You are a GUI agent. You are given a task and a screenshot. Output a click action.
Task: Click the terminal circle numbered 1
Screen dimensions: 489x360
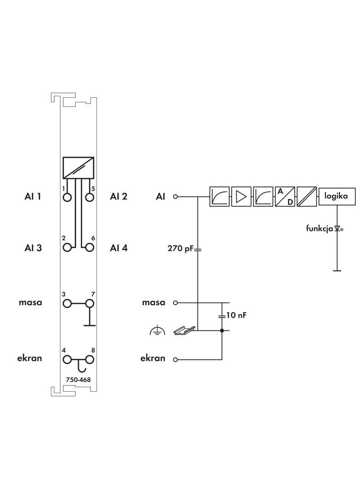coord(67,197)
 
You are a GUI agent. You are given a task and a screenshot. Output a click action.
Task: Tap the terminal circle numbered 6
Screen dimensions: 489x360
coord(90,248)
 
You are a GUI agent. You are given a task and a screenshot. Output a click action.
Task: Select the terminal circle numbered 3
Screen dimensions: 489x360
coord(67,303)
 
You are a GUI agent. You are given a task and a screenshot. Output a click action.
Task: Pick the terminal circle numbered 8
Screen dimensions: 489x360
coord(90,359)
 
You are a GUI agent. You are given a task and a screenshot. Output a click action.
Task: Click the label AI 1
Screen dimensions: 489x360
coord(33,197)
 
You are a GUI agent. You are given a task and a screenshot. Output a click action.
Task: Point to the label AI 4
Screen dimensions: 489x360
coord(118,248)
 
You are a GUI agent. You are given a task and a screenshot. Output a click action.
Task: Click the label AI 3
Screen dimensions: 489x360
coord(33,248)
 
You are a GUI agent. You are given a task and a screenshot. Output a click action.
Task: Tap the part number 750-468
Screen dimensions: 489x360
coord(79,379)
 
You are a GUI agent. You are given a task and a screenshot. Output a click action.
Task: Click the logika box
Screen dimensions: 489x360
coord(337,196)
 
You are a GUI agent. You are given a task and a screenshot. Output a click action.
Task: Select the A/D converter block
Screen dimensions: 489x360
coord(285,196)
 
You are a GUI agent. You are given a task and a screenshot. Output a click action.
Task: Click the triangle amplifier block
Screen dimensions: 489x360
coord(241,196)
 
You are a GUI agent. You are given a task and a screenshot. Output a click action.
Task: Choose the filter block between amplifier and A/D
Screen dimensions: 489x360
coord(263,196)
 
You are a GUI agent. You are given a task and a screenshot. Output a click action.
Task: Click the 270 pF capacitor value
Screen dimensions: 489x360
coord(180,250)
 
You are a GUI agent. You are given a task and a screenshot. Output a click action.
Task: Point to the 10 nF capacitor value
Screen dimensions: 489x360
coord(237,316)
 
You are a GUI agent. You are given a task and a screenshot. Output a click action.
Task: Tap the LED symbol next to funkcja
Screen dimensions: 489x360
coord(339,228)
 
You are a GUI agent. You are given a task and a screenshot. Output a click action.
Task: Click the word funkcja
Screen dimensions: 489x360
coord(320,228)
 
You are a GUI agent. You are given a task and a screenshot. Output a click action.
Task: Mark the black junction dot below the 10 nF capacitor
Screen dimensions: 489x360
coord(222,330)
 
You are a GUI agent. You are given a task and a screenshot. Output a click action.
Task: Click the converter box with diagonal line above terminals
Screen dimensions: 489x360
coord(79,168)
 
